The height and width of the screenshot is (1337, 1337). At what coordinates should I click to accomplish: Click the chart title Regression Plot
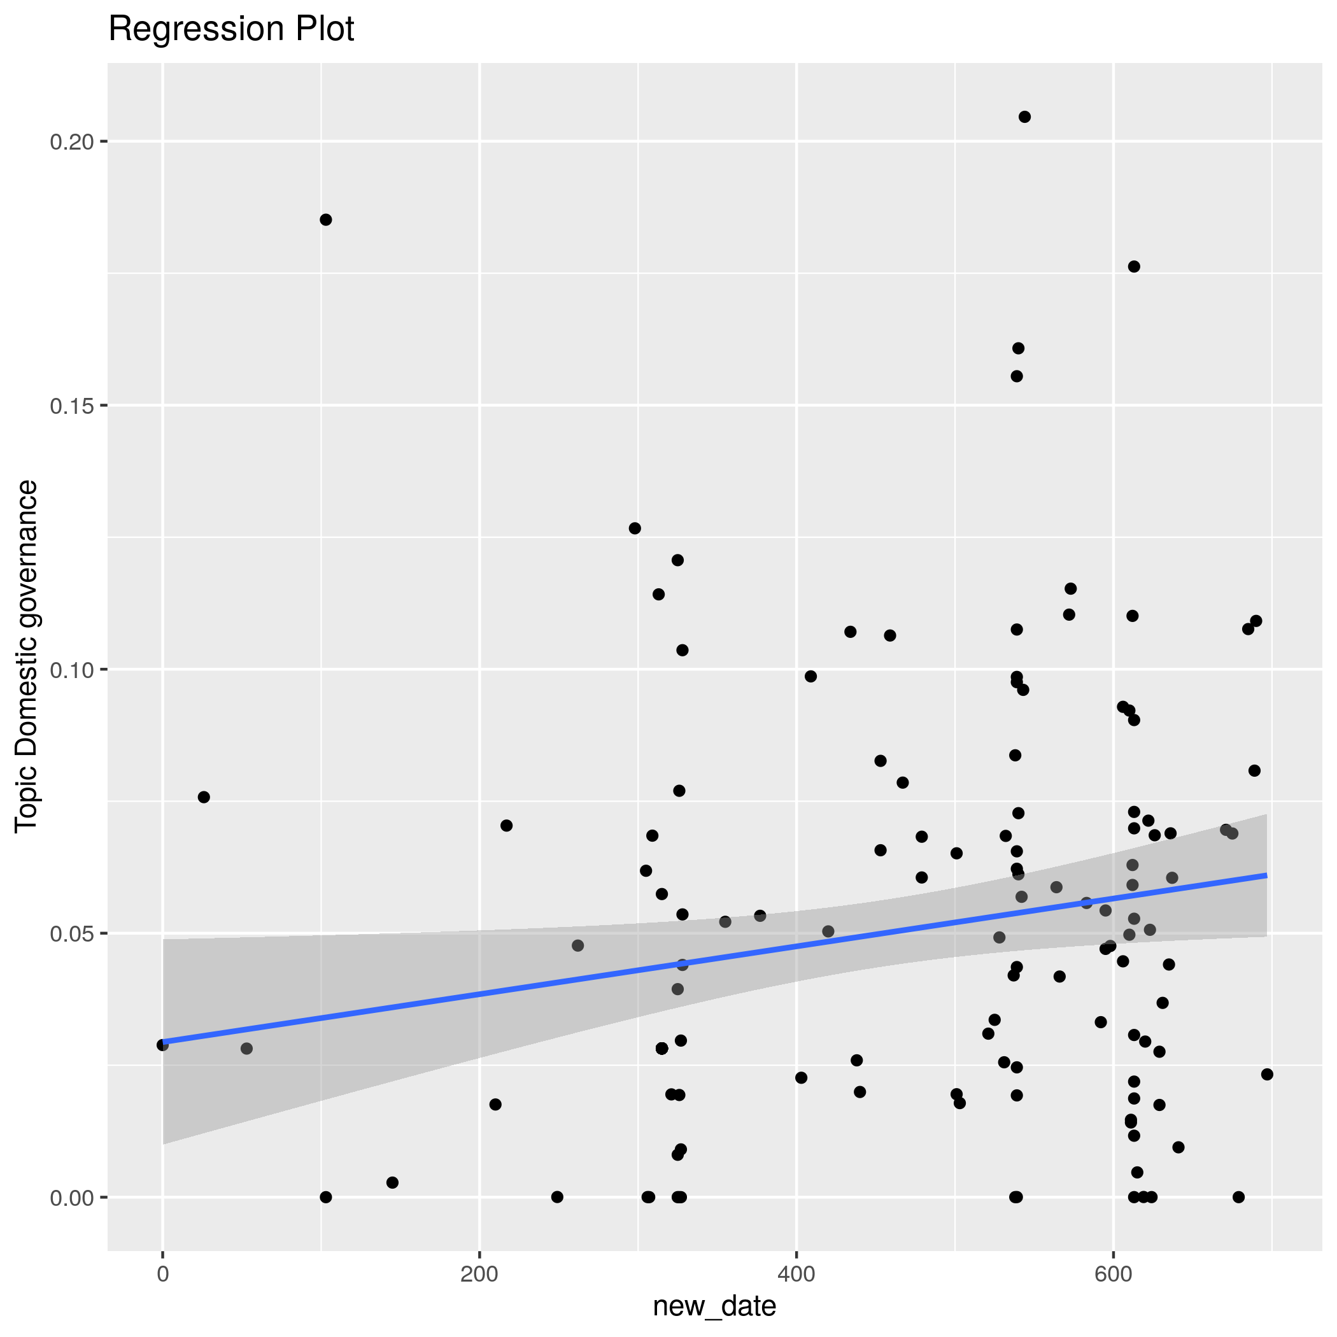[231, 30]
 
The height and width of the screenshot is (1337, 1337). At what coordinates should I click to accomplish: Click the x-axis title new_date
[714, 1306]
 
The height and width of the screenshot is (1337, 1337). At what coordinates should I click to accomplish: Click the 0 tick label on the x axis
[162, 1274]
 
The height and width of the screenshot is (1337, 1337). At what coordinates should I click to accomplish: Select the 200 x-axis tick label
[479, 1274]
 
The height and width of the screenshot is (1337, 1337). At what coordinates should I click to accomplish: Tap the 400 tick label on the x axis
[796, 1274]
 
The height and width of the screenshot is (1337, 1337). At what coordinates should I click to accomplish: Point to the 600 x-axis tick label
[1114, 1274]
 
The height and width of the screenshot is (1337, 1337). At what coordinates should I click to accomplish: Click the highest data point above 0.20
[1025, 117]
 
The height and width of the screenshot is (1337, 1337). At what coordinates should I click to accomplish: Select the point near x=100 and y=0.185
[326, 220]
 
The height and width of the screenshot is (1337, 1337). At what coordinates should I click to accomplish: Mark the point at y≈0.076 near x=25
[204, 797]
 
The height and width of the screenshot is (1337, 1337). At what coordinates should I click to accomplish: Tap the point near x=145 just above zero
[392, 1183]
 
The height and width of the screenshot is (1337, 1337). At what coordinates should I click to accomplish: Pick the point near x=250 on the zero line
[557, 1197]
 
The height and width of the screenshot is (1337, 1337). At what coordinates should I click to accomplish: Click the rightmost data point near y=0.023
[1267, 1075]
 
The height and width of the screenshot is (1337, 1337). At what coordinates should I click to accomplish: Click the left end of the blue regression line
[164, 1042]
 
